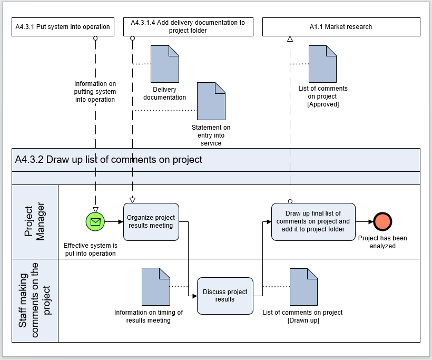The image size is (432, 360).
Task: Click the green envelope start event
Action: click(x=95, y=221)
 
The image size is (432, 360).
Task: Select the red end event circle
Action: click(x=382, y=221)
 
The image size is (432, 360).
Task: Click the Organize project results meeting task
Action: click(x=151, y=222)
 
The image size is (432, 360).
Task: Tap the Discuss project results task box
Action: click(x=225, y=296)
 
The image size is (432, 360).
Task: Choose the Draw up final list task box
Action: click(x=313, y=222)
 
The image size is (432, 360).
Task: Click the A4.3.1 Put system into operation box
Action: click(x=63, y=27)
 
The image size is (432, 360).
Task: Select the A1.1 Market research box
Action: click(x=341, y=27)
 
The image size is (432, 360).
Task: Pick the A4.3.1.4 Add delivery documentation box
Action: click(x=188, y=27)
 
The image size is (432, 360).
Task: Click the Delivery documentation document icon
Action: click(x=165, y=64)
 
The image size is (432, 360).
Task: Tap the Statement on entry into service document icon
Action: click(x=211, y=101)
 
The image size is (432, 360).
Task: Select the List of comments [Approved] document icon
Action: click(x=322, y=64)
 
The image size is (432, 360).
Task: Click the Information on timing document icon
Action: click(x=156, y=287)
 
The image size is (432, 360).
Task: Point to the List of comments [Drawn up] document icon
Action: click(x=303, y=287)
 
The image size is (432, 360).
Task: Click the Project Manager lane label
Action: click(x=34, y=221)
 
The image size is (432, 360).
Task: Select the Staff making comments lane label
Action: click(x=34, y=300)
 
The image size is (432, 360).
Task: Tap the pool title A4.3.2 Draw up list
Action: click(x=109, y=160)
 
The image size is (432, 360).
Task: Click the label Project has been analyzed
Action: click(x=382, y=242)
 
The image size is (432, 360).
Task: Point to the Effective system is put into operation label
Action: click(x=91, y=249)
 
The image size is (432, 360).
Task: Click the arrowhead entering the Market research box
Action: click(x=290, y=39)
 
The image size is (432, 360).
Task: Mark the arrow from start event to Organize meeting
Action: click(x=114, y=221)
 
